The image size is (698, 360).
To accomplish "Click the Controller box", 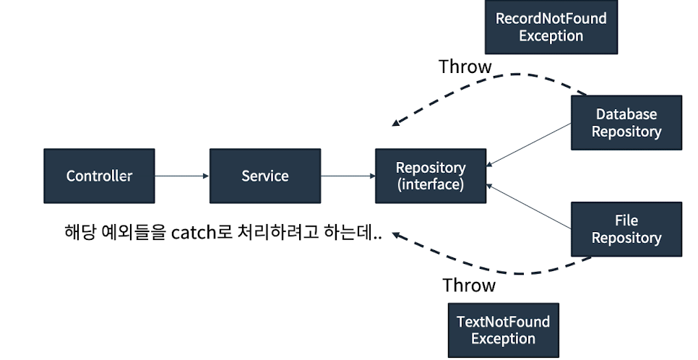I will [99, 176].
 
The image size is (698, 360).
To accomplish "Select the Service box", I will [264, 176].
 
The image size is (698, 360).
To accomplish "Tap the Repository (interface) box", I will [431, 176].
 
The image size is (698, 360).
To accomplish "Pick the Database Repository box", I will [626, 123].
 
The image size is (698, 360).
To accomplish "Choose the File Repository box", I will [626, 229].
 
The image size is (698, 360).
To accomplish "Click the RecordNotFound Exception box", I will [551, 27].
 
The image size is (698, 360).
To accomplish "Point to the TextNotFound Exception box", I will [503, 330].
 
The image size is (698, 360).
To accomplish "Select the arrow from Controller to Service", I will [181, 176].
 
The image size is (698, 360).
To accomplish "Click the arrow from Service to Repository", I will [348, 176].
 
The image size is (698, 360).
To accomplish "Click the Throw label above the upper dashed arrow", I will [465, 67].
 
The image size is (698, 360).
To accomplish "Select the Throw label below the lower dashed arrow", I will [469, 285].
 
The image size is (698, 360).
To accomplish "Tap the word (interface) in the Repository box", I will [431, 184].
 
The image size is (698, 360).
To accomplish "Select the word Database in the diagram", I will [626, 114].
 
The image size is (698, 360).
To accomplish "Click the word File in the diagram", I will [626, 220].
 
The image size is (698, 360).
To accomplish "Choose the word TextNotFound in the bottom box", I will [503, 322].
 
